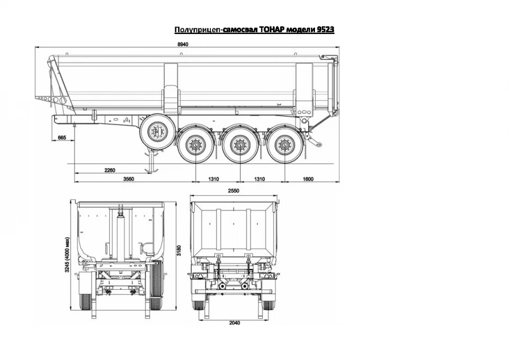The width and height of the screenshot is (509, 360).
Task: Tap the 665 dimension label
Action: [x=62, y=138]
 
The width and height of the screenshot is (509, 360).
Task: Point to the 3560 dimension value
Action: [x=128, y=179]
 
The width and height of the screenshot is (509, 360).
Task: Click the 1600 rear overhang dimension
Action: [x=308, y=179]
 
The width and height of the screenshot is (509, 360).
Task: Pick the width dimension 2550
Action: [x=234, y=191]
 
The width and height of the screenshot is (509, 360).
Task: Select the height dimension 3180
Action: [x=179, y=250]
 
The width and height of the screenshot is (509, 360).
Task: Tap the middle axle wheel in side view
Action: [x=239, y=145]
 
